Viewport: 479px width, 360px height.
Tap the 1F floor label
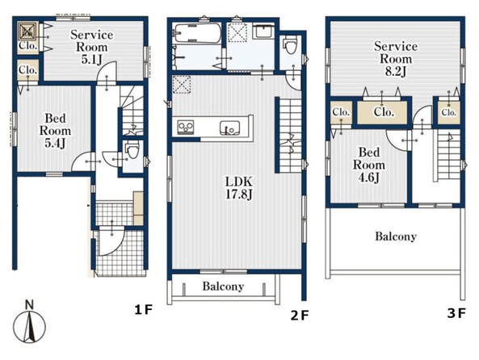pos(143,310)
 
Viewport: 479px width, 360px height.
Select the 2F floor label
pos(300,316)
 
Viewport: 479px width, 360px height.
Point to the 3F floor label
pos(456,313)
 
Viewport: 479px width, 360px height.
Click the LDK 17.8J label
pos(239,188)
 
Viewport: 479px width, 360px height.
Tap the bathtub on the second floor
pos(197,33)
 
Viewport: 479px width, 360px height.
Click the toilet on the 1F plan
pos(132,149)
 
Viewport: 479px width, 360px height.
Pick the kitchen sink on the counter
pos(230,128)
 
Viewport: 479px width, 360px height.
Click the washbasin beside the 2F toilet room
pos(265,31)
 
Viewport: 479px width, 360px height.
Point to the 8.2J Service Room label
pos(396,59)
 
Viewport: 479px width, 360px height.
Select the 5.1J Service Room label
pos(91,47)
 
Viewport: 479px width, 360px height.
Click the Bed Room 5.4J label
pos(55,131)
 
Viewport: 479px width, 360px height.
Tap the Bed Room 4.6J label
pos(369,165)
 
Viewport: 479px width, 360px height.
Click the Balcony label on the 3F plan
pos(396,237)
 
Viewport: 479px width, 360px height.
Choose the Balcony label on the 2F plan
pos(223,287)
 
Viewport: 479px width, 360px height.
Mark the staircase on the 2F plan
pos(291,136)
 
